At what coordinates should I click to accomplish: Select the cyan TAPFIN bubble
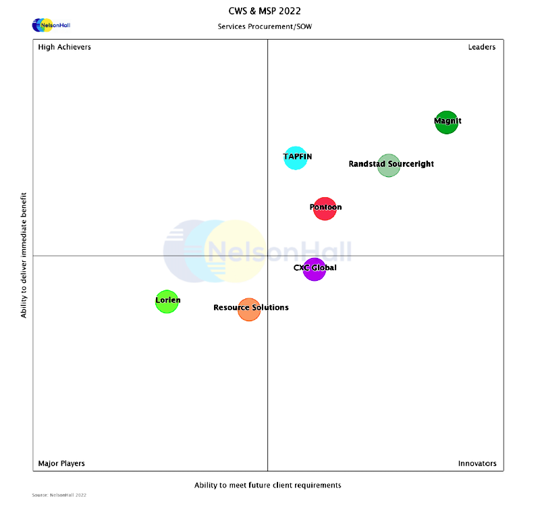(296, 158)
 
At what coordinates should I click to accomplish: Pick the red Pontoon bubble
(325, 208)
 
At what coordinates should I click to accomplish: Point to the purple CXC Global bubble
(315, 269)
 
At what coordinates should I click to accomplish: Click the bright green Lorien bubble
(167, 301)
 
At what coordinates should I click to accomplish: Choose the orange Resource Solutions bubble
(249, 310)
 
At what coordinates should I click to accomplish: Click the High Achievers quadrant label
(65, 47)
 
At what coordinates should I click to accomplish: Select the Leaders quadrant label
(482, 47)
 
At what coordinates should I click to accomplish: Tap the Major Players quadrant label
(61, 464)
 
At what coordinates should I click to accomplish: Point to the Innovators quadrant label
(477, 464)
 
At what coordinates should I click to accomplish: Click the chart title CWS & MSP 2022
(265, 11)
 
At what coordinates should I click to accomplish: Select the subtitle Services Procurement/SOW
(265, 27)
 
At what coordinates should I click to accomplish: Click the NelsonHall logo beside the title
(51, 26)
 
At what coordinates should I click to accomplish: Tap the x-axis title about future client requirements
(268, 485)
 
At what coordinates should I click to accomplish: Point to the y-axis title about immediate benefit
(24, 255)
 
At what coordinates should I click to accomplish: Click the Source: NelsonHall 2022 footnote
(59, 496)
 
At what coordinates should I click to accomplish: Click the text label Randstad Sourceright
(391, 164)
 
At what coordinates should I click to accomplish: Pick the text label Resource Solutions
(251, 308)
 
